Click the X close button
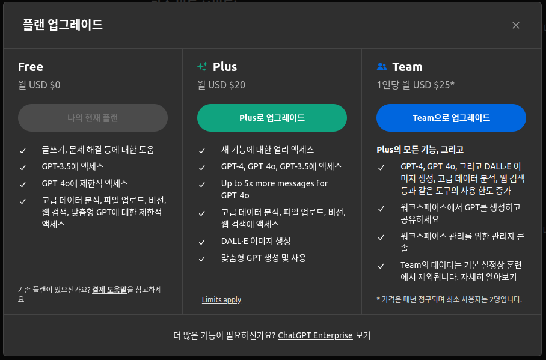pos(515,25)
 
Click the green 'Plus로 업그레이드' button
pos(272,118)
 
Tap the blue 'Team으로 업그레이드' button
pos(451,118)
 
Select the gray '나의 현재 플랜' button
pos(93,118)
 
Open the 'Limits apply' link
pos(221,299)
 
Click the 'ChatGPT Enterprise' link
pos(315,335)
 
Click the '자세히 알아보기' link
pos(488,277)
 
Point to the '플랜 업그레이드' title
pos(63,25)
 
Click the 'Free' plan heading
pos(31,67)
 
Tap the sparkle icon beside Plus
pos(202,67)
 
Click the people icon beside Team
pos(381,67)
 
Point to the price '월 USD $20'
pos(221,85)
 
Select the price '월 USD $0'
pos(39,85)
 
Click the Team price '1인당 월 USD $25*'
pos(416,85)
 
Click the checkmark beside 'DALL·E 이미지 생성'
pos(202,242)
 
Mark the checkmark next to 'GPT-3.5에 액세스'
pos(23,167)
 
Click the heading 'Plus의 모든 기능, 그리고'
pos(420,150)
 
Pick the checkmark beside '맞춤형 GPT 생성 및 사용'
pos(202,258)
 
